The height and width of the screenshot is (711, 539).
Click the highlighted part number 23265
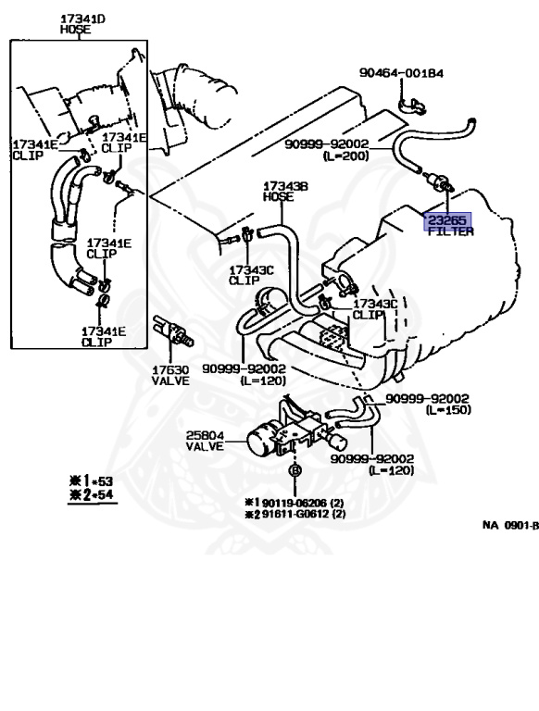447,220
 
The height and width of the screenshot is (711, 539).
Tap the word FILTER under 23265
449,232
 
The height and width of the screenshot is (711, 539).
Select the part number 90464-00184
401,72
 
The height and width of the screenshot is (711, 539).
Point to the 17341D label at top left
82,19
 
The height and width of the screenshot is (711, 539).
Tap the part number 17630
170,369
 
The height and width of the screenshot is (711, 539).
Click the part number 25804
206,434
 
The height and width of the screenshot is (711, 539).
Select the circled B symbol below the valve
295,470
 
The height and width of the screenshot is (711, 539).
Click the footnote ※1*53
87,482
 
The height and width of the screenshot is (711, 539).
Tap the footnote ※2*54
87,496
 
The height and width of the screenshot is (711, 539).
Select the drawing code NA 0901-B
509,524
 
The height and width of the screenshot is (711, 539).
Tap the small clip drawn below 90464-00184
411,104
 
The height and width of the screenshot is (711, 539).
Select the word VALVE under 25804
206,446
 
